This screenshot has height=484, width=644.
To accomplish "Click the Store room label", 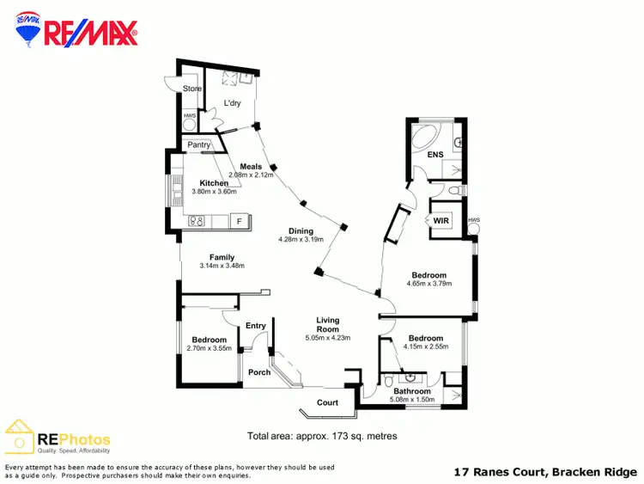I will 192,88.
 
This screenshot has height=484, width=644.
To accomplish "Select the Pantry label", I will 198,145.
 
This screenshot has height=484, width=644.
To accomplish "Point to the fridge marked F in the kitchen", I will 239,222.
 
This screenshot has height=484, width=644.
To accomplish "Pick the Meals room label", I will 251,166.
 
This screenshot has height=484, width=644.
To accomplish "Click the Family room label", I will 222,257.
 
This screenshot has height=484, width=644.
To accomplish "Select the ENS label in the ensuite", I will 434,156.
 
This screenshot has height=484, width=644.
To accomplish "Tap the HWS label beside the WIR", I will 473,220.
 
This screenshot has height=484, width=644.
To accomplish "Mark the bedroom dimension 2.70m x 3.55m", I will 209,349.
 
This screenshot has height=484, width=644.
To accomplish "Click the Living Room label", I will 327,323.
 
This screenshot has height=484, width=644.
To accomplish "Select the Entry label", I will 256,325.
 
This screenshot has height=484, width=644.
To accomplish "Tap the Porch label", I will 259,372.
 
